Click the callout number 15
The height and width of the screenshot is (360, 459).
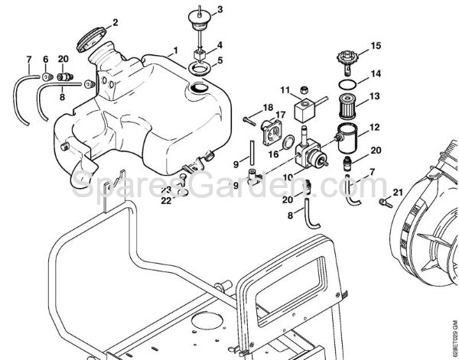coord(375,46)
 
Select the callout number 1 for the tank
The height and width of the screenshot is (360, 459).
coord(174,50)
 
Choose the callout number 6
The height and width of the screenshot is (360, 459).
coord(45,59)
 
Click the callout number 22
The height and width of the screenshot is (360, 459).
coord(166,201)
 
